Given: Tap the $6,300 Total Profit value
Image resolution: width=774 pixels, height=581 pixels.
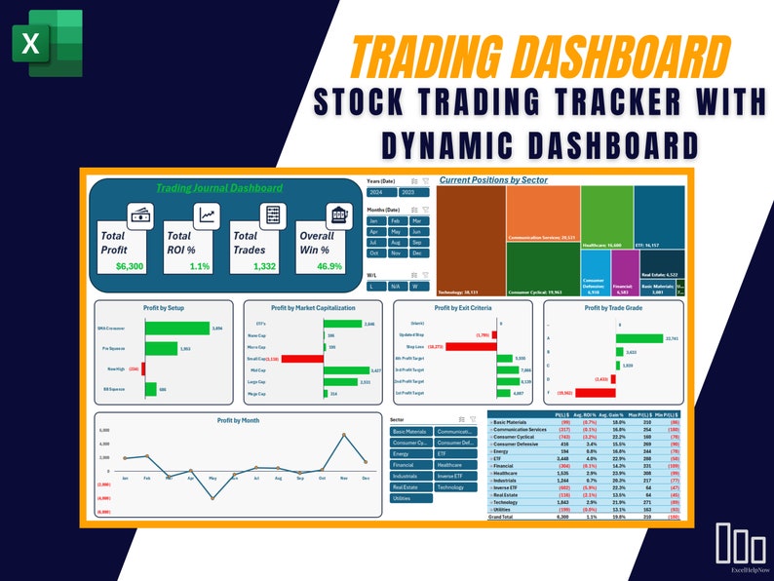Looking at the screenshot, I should point(129,266).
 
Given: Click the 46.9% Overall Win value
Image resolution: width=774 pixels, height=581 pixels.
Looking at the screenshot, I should point(328,266).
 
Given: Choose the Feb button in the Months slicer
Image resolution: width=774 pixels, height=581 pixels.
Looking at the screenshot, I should point(396,221).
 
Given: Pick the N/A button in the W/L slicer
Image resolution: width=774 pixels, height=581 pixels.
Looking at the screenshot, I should point(396,286).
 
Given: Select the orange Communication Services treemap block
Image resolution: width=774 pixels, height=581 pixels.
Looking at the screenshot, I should point(543,213).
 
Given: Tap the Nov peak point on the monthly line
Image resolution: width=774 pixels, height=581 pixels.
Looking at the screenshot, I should point(343,436).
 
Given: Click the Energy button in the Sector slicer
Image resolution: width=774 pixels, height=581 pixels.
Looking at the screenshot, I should point(409,453).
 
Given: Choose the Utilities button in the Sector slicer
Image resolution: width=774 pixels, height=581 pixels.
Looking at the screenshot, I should point(409,497).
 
